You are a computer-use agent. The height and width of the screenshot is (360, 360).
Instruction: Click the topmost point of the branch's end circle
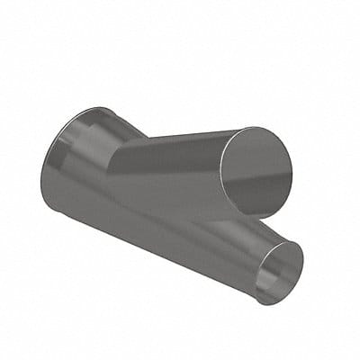pyautogui.click(x=261, y=128)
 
